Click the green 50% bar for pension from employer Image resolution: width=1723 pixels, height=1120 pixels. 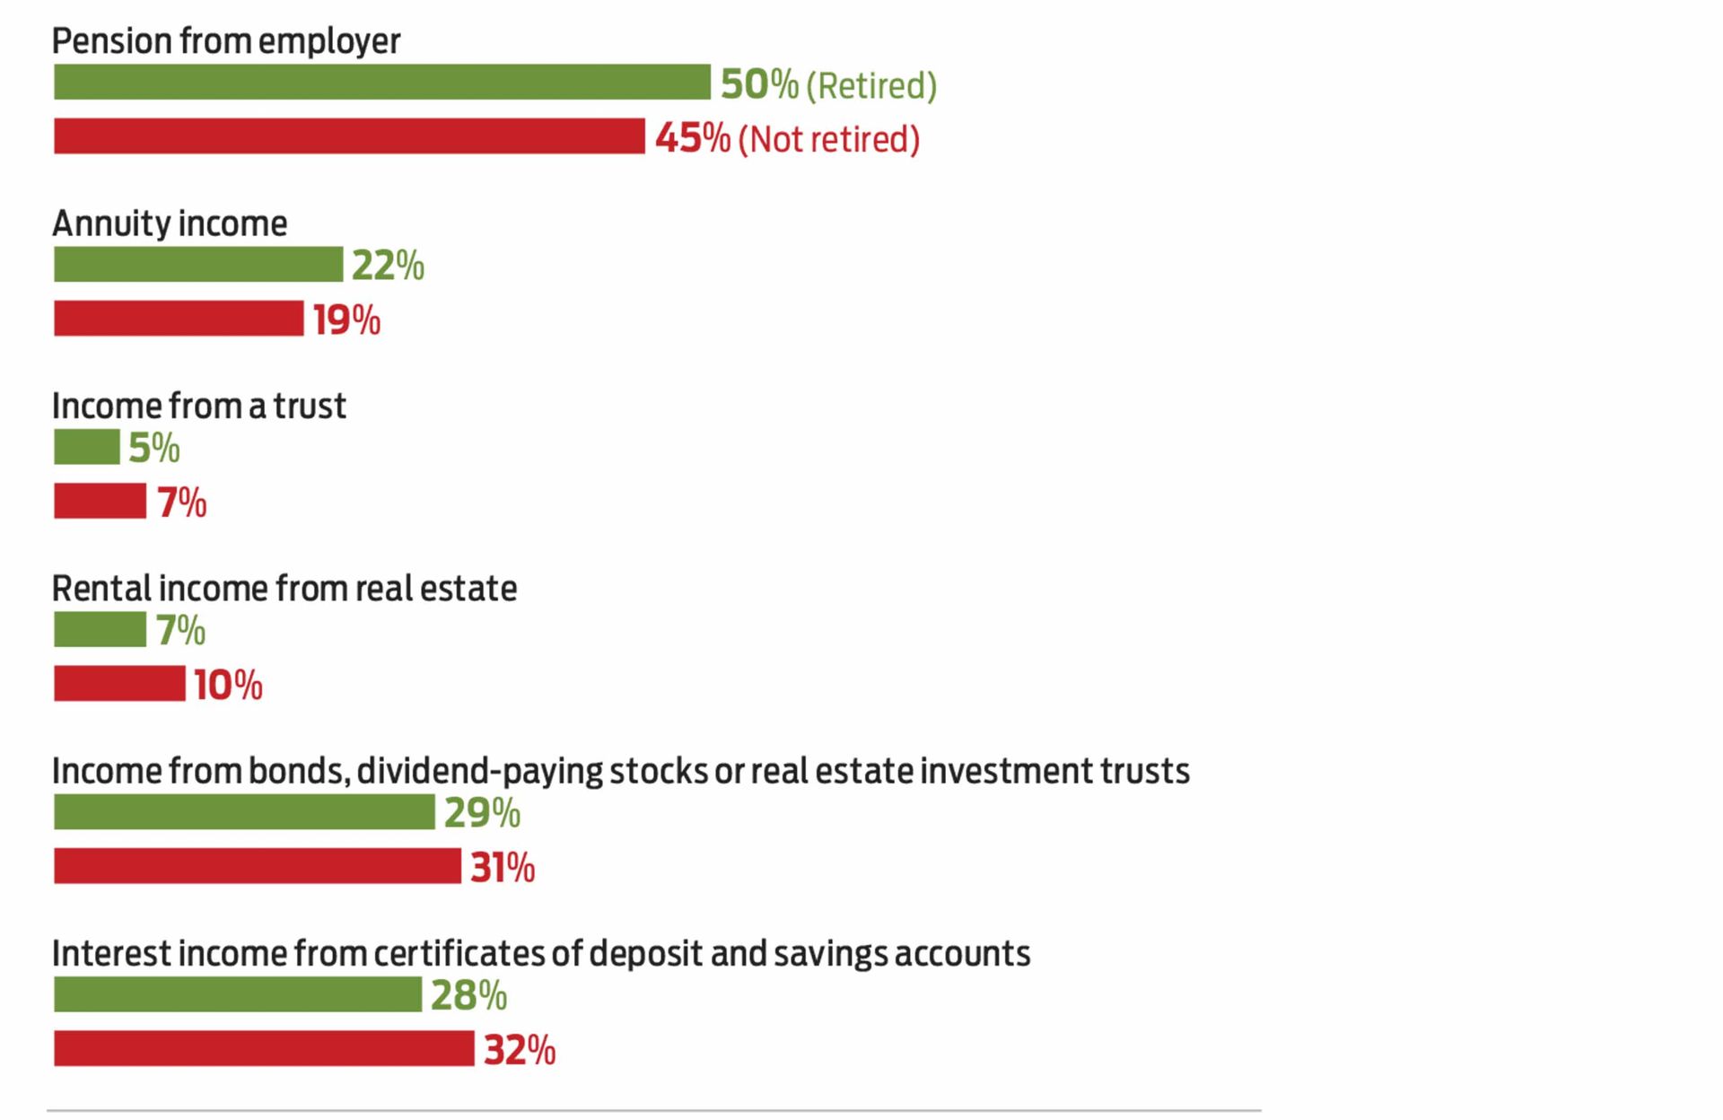coord(381,82)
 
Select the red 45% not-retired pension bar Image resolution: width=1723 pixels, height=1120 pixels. coord(349,136)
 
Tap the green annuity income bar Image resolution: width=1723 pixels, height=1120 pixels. coord(198,265)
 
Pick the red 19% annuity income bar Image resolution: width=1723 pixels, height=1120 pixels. coord(179,319)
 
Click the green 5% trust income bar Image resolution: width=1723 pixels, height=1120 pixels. coord(86,447)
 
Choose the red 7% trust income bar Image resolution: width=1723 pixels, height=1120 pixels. coord(100,501)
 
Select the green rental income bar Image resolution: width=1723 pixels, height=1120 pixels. coord(100,629)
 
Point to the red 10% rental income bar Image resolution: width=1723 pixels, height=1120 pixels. coord(119,684)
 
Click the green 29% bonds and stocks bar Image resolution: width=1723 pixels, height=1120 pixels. coord(244,812)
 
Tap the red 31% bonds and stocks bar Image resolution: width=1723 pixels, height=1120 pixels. coord(258,866)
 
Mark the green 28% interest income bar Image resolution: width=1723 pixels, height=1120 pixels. coord(238,994)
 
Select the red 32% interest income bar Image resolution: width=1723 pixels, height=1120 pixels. coord(264,1048)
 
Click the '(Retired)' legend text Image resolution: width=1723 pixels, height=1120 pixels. coord(871,86)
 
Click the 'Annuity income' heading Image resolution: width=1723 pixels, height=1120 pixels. coord(170,223)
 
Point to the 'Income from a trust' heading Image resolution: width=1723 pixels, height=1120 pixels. coord(198,406)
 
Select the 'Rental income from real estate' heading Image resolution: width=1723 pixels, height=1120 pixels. coord(284,589)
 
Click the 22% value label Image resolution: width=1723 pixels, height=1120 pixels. coord(388,266)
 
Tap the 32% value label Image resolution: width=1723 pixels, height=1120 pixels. coord(520,1050)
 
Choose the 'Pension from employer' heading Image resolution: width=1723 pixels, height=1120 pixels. coord(225,41)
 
